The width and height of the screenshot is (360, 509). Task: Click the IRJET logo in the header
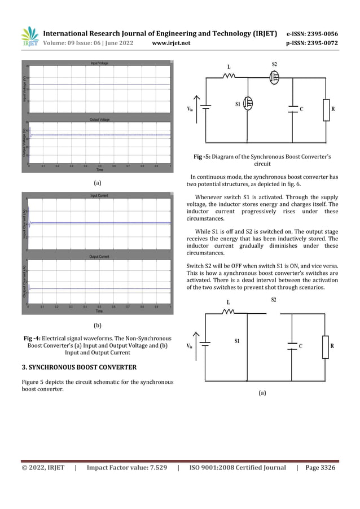click(x=29, y=37)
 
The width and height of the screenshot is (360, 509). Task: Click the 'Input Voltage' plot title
click(x=100, y=63)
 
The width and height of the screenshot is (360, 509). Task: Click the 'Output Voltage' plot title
click(x=100, y=120)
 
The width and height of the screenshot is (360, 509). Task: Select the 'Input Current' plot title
click(x=100, y=195)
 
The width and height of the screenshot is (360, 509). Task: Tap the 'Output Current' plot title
click(x=100, y=256)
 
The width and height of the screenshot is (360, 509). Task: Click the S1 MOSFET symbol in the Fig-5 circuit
click(x=248, y=103)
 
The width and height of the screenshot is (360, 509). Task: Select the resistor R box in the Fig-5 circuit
click(x=326, y=109)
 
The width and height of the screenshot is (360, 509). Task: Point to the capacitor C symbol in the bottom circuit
click(x=292, y=346)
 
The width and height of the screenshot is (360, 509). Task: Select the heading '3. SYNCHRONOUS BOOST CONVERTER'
click(x=78, y=368)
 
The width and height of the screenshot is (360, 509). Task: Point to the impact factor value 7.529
click(x=155, y=467)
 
